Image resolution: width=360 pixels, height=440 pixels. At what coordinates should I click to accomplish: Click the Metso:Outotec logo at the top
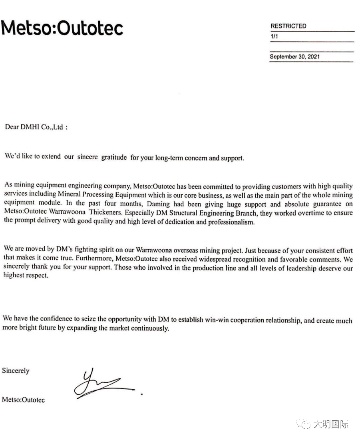click(62, 28)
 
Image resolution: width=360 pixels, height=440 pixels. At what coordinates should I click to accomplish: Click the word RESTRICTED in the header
click(288, 26)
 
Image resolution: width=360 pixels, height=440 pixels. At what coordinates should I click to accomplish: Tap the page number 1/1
click(274, 36)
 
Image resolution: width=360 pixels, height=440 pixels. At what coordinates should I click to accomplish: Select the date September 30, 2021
click(294, 57)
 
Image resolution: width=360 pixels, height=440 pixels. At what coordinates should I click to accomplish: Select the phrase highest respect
click(25, 276)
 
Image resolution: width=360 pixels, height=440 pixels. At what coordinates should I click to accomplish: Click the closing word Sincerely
click(16, 371)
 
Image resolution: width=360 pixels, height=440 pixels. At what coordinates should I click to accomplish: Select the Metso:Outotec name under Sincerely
click(23, 400)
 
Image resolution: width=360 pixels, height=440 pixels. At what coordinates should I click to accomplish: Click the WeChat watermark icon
click(305, 424)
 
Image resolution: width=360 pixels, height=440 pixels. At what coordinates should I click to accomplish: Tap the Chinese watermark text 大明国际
click(331, 424)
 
